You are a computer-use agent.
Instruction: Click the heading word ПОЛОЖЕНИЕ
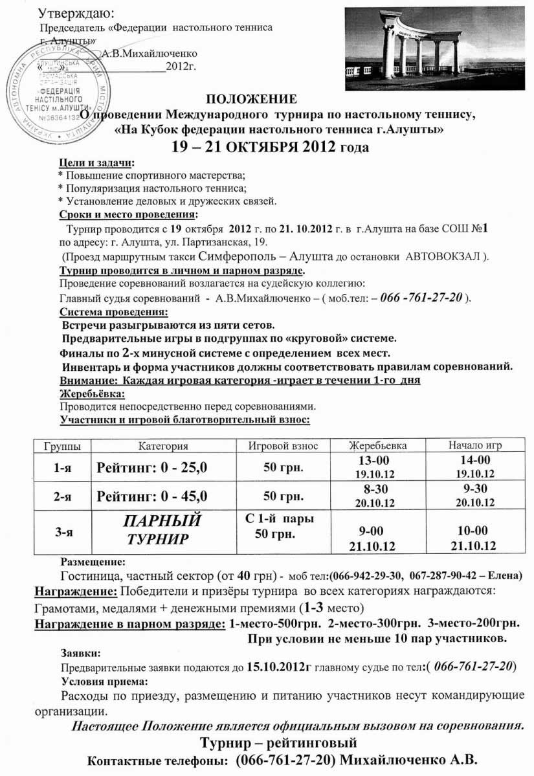click(252, 99)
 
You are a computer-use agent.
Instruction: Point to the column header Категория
click(162, 446)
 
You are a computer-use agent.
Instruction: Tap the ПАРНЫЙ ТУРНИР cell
click(162, 529)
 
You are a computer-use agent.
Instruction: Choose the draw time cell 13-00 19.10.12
click(375, 466)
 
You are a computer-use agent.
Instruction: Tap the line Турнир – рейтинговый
click(278, 742)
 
